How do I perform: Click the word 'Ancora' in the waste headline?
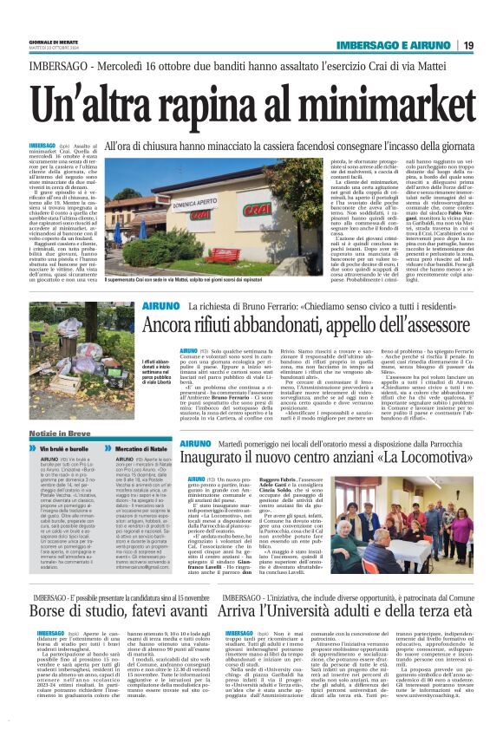click(x=173, y=324)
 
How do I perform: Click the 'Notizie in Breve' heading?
click(x=58, y=433)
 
